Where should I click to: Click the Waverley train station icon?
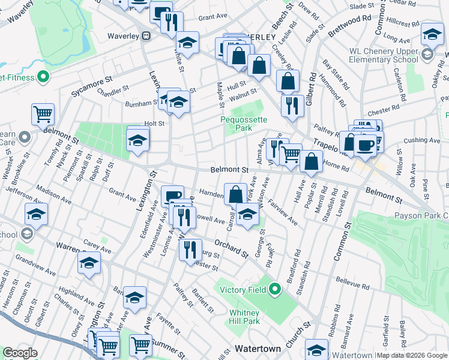click(145, 35)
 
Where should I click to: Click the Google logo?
click(20, 353)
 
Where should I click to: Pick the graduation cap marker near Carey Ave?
click(89, 262)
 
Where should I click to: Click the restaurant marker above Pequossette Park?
click(292, 105)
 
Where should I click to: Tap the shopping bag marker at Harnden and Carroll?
click(236, 193)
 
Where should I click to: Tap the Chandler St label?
click(113, 91)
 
